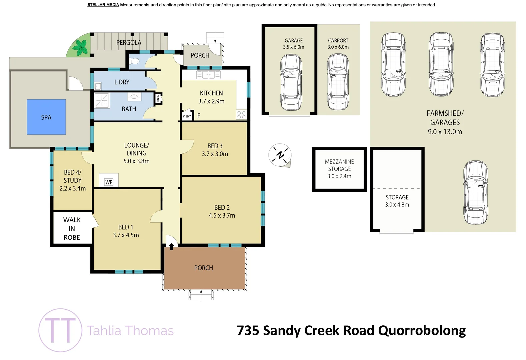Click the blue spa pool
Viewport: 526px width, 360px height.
[x=46, y=117]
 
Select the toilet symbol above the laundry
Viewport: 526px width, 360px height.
[x=135, y=61]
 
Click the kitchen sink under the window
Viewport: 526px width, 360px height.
[x=208, y=75]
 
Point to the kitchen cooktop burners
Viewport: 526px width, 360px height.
[x=241, y=115]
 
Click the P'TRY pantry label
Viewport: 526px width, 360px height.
[x=187, y=116]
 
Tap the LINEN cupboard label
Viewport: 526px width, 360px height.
[x=158, y=99]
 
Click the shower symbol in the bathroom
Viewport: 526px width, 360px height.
[x=102, y=100]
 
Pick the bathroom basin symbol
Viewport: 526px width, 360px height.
[x=134, y=96]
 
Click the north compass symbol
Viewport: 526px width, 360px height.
[x=280, y=155]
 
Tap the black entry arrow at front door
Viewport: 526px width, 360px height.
[x=171, y=247]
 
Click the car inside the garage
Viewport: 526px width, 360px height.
[x=291, y=82]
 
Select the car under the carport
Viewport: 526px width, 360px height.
[x=338, y=82]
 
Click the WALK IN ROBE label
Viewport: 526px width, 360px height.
[x=72, y=229]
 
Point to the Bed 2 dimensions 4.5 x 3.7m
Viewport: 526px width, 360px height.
[x=222, y=215]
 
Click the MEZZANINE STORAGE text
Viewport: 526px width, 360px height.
[x=339, y=165]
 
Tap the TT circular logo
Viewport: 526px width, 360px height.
[x=60, y=330]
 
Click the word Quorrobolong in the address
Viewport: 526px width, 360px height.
[x=422, y=330]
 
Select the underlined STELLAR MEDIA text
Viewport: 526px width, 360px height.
[x=103, y=5]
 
